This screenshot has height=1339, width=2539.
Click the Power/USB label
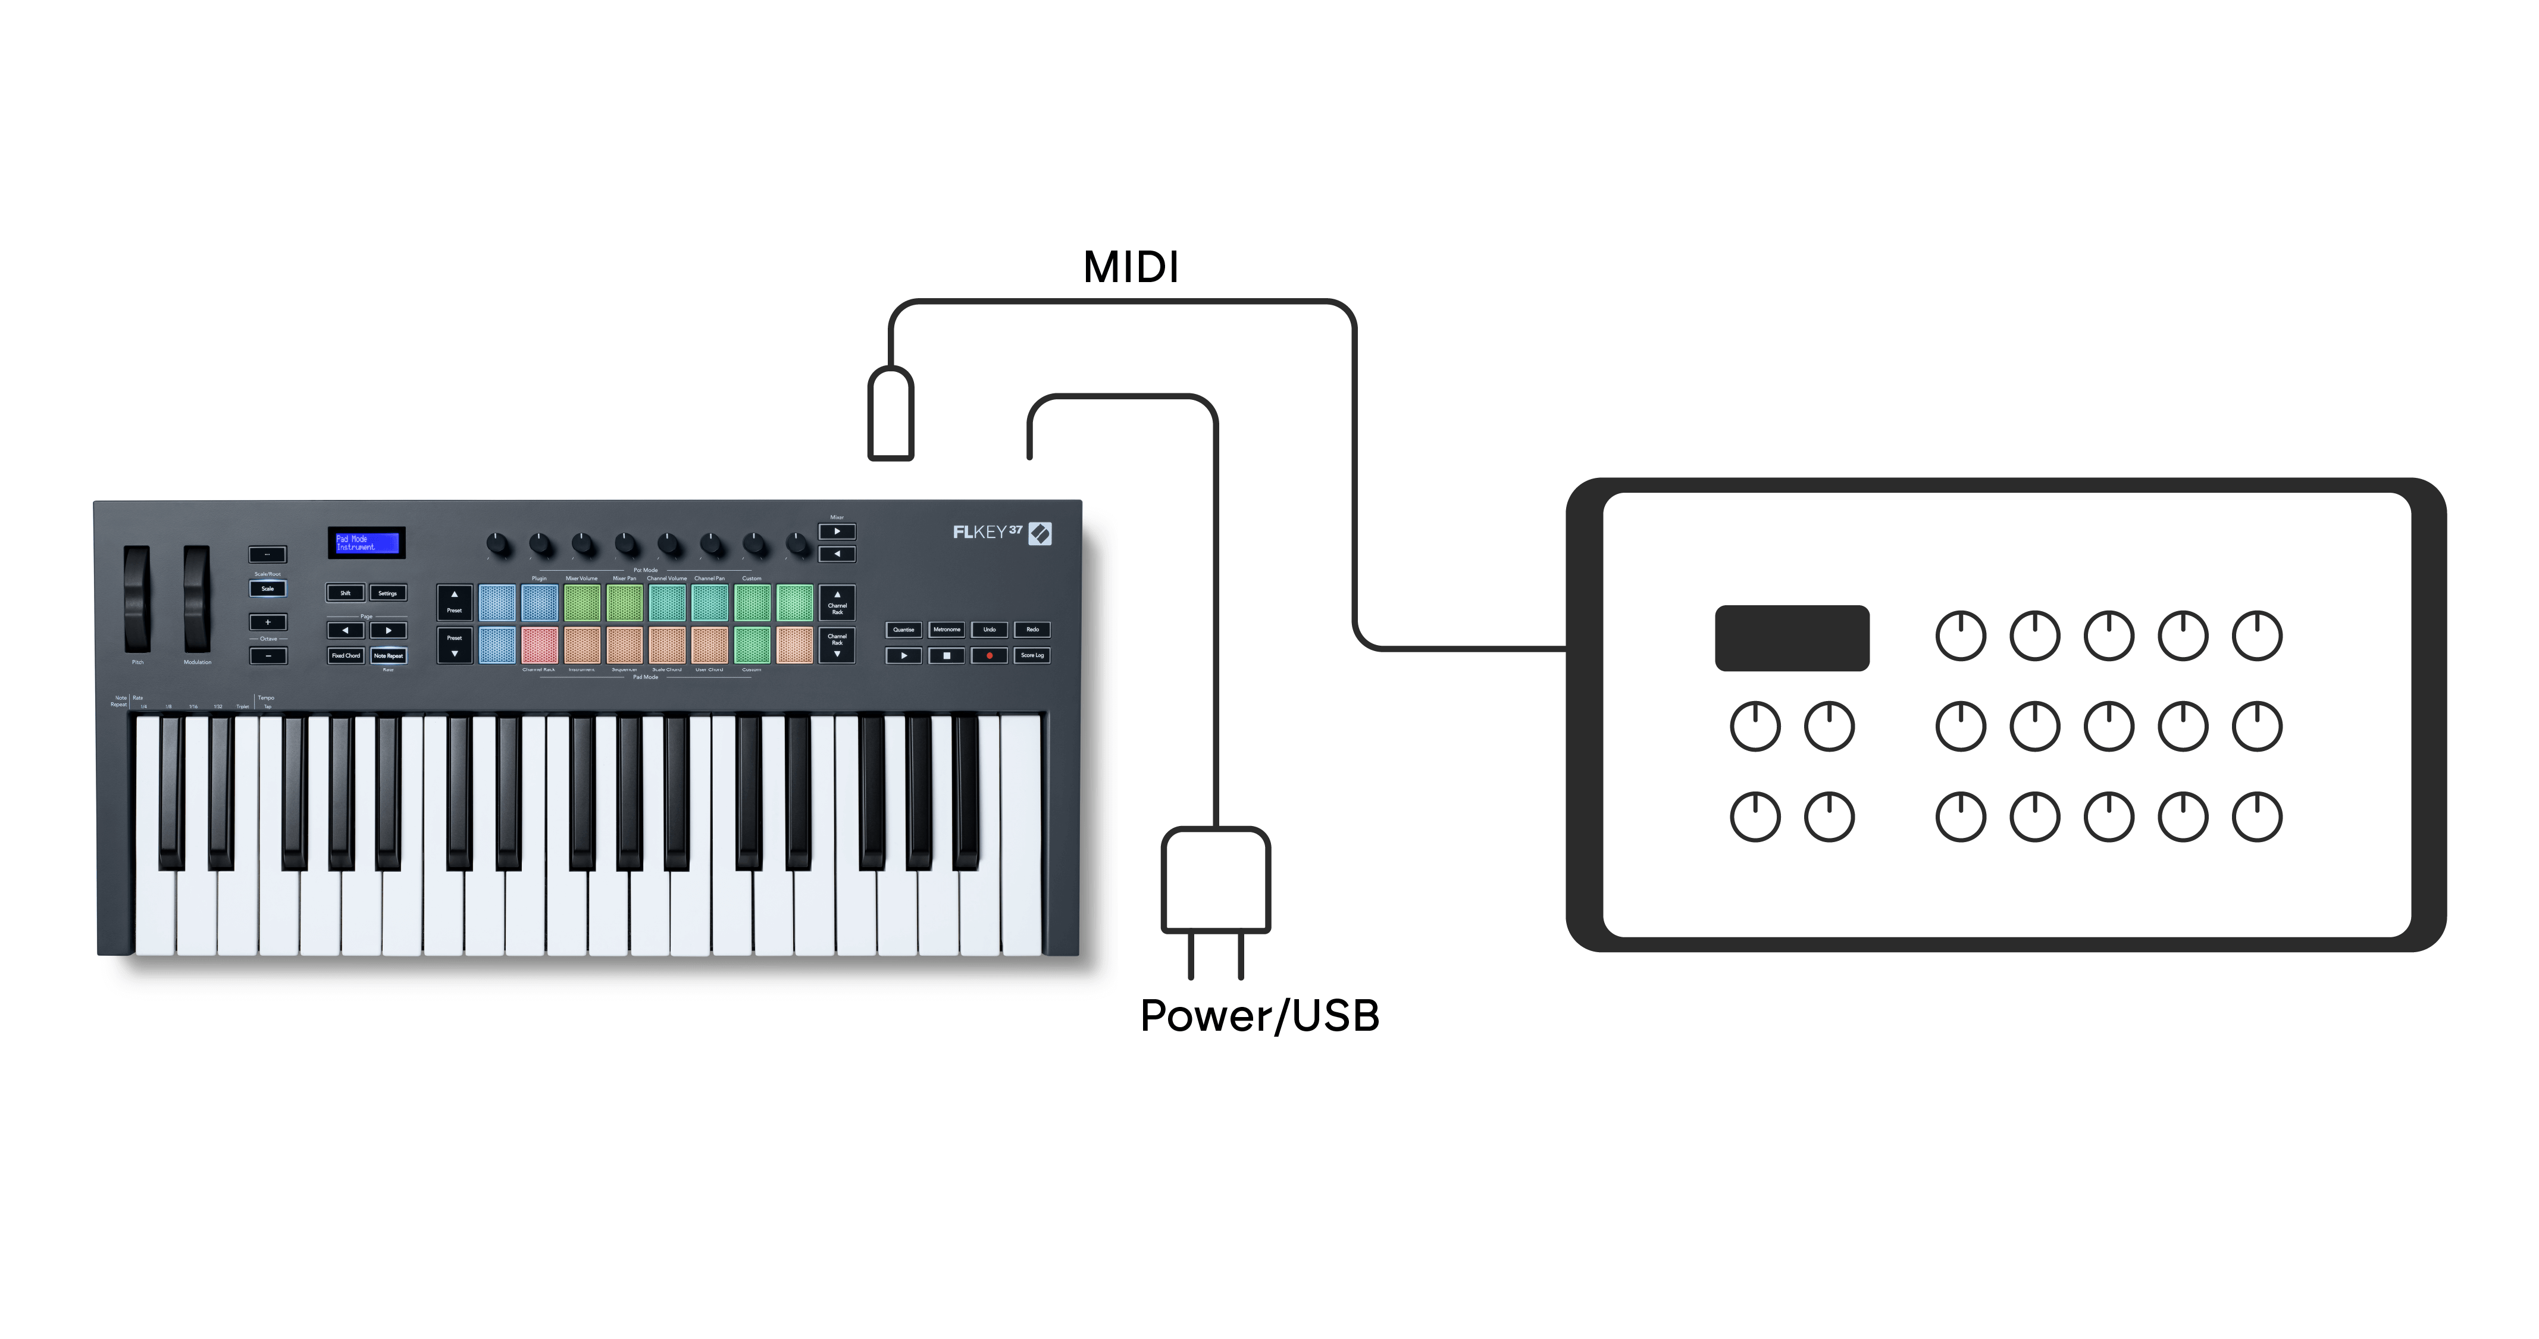click(1258, 1016)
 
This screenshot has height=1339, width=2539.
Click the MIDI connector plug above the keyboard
click(890, 414)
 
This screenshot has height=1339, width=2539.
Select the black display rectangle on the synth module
click(1791, 638)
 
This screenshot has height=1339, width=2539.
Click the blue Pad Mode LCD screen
click(367, 542)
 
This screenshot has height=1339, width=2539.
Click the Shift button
click(345, 593)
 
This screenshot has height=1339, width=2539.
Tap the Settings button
click(387, 593)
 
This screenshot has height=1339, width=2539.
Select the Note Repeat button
click(389, 655)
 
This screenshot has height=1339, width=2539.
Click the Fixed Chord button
click(345, 655)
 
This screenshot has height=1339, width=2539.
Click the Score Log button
click(1032, 655)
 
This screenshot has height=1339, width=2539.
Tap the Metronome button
click(946, 629)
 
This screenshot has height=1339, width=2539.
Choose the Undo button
click(990, 629)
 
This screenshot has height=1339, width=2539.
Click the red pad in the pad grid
click(539, 645)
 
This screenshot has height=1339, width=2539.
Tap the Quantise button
click(903, 629)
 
